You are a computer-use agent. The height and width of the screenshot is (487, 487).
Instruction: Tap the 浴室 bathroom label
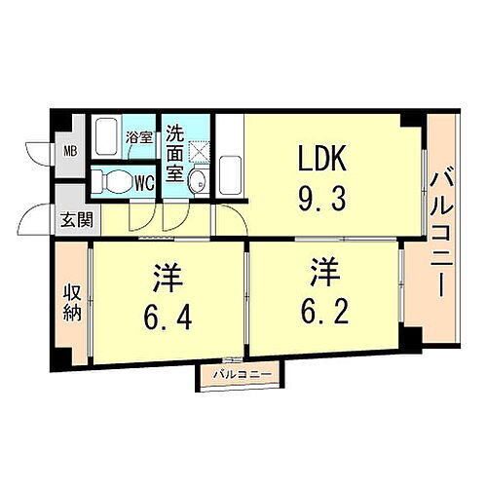pos(139,137)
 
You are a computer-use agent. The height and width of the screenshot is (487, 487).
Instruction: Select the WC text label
pos(143,182)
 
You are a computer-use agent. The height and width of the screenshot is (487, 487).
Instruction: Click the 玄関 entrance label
pos(74,219)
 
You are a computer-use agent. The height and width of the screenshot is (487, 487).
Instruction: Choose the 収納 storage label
pos(71,303)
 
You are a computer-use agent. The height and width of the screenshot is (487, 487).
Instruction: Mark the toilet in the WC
pos(114,181)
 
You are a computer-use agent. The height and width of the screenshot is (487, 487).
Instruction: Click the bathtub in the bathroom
pos(107,136)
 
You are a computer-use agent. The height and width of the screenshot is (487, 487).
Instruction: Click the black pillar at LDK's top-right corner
pos(414,123)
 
